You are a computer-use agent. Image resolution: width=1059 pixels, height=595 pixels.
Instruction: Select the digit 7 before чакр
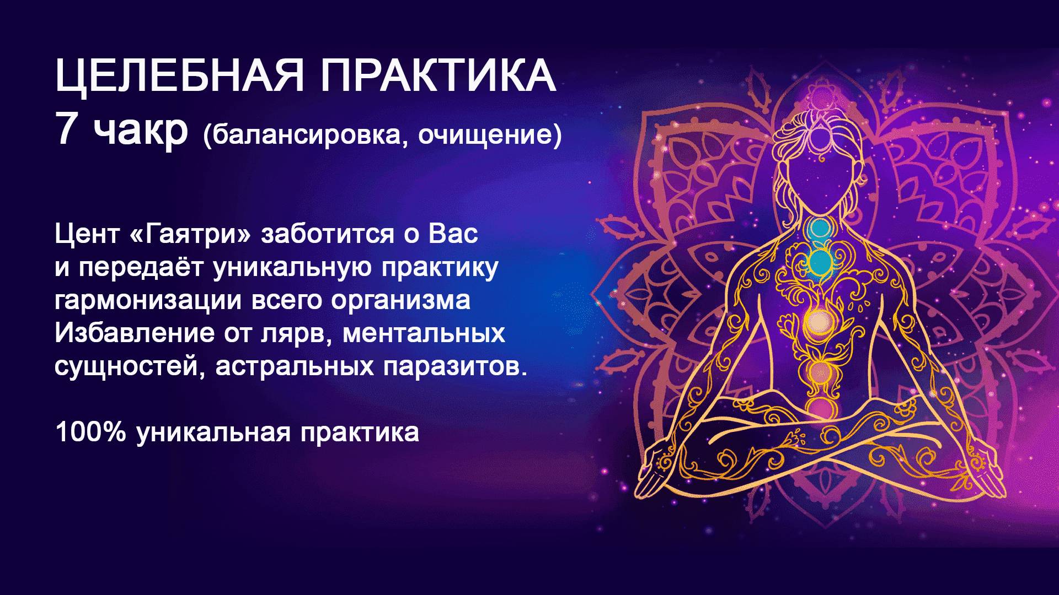(66, 131)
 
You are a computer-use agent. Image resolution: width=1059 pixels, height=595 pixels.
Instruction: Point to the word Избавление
(135, 333)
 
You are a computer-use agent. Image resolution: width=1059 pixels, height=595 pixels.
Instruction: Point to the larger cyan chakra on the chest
(820, 262)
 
